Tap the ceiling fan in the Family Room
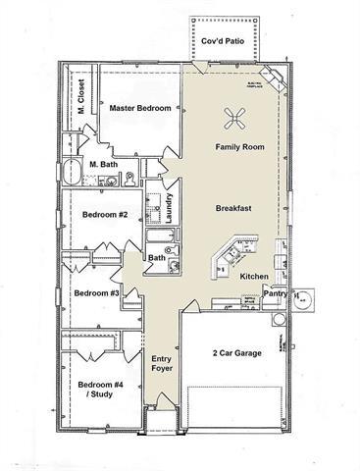235,120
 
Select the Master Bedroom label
140,108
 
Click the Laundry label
171,209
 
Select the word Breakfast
235,209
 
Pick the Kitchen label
255,278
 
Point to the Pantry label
276,292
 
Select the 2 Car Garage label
236,352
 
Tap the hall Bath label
157,258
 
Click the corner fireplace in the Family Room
275,80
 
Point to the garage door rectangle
235,408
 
